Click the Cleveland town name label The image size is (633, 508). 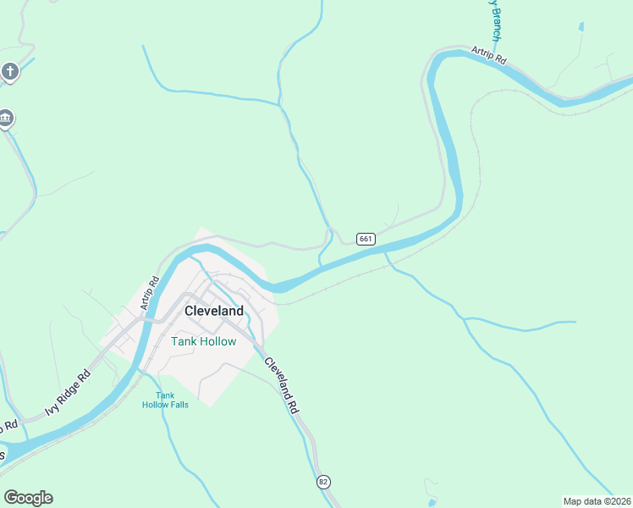point(214,311)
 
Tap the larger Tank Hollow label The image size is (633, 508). point(204,341)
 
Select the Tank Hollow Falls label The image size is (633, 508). point(165,400)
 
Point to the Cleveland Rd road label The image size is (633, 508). point(281,384)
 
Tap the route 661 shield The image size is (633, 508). point(366,239)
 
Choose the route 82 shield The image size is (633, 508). point(323,482)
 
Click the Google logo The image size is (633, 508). point(28,498)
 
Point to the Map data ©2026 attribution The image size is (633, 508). point(597,501)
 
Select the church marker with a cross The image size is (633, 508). point(10,71)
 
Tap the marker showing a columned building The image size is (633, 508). point(6,118)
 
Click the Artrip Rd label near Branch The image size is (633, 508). point(488,55)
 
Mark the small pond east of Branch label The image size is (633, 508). point(581,27)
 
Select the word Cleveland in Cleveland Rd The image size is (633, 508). point(276,376)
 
